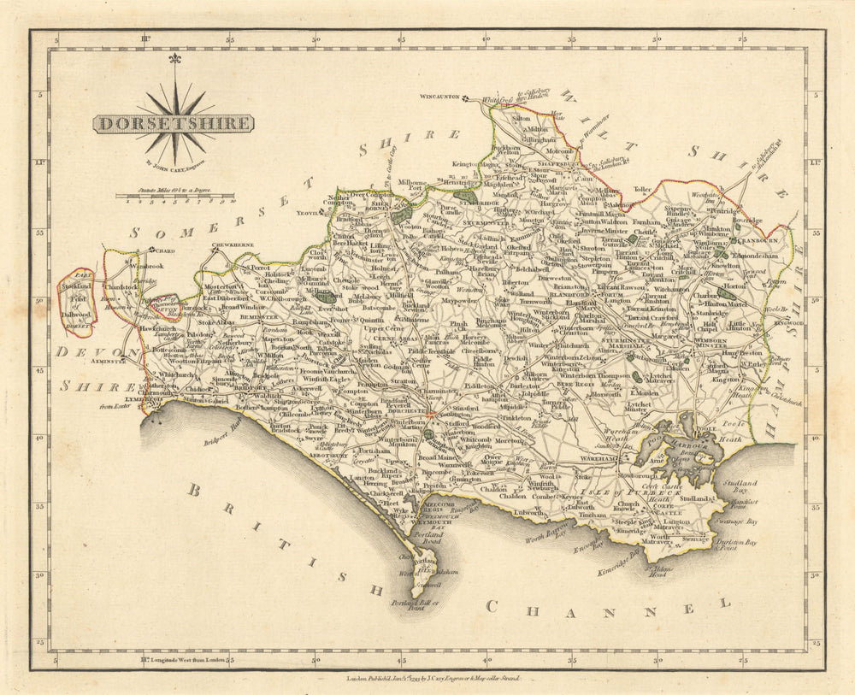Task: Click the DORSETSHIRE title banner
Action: [x=173, y=123]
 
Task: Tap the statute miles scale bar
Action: [x=175, y=197]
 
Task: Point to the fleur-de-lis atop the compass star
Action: [x=174, y=61]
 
